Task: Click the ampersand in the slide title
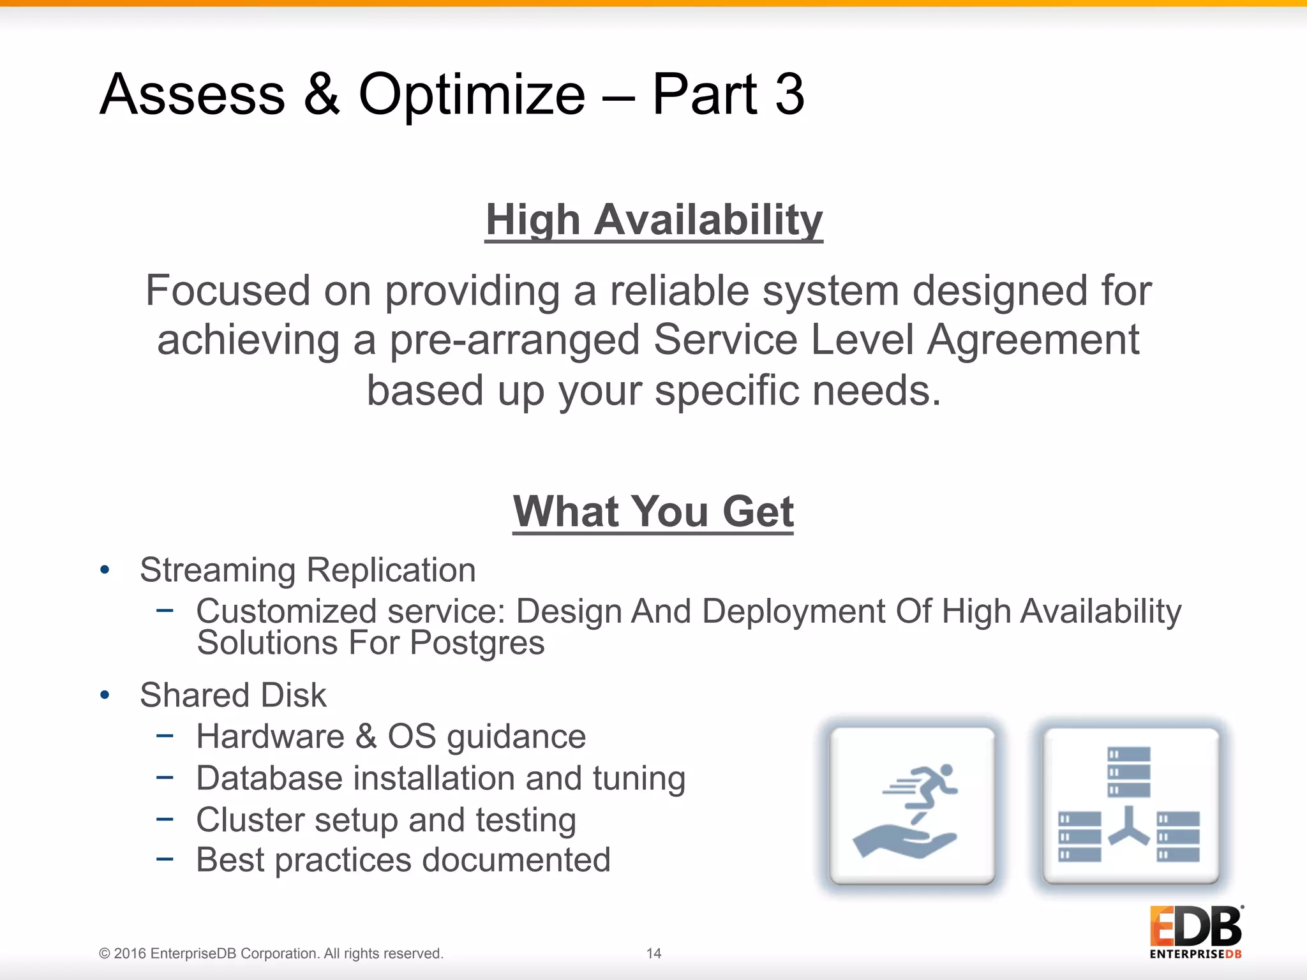coord(322,94)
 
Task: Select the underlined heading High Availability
coord(653,219)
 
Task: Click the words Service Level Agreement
coord(896,339)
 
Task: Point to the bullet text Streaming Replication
coord(308,570)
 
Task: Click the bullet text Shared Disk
coord(233,695)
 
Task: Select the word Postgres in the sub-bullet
coord(477,642)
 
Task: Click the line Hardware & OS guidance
coord(391,736)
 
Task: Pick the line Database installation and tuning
coord(440,778)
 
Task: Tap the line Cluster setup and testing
coord(386,820)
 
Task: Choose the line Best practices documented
coord(403,860)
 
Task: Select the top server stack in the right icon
coord(1128,772)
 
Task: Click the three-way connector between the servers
coord(1128,828)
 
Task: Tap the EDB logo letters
coord(1195,926)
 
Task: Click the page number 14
coord(653,953)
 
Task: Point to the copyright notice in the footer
coord(271,953)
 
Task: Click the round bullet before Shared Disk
coord(105,695)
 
